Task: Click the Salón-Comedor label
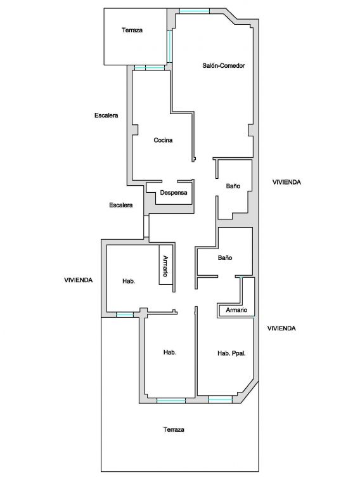[x=224, y=65]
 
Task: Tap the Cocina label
[x=163, y=140]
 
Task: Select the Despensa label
[x=174, y=193]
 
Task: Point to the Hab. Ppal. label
[x=231, y=353]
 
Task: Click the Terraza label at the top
[x=132, y=30]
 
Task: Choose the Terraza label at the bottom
[x=174, y=429]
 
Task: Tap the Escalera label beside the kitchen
[x=106, y=115]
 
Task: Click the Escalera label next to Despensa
[x=120, y=205]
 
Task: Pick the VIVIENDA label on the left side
[x=78, y=280]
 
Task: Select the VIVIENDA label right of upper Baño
[x=286, y=183]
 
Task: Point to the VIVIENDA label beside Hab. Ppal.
[x=281, y=328]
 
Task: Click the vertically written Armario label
[x=165, y=266]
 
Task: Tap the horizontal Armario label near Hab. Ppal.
[x=236, y=310]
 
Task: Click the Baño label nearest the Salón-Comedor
[x=233, y=186]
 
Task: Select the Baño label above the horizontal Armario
[x=225, y=258]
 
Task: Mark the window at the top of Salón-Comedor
[x=195, y=11]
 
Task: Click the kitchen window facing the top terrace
[x=150, y=68]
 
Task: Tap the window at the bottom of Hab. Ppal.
[x=220, y=399]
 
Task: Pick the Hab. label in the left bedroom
[x=129, y=282]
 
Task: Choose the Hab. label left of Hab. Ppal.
[x=170, y=353]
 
